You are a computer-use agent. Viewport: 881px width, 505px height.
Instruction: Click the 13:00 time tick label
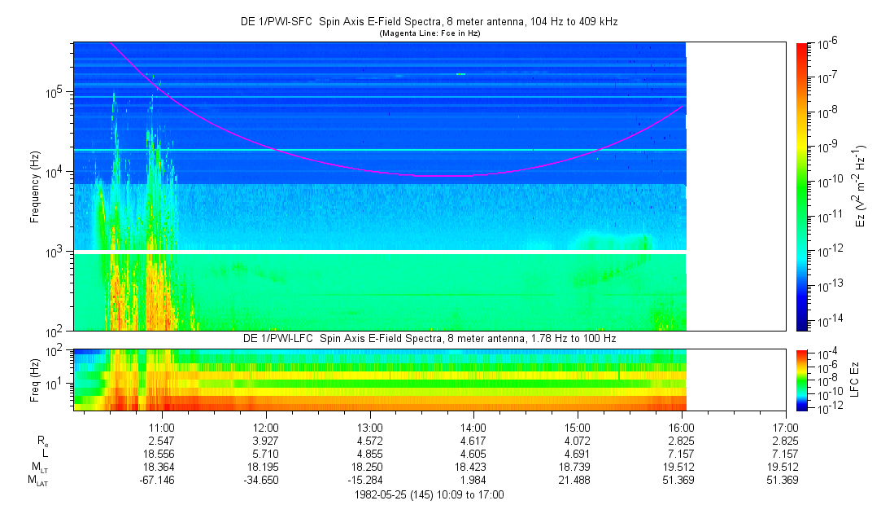[x=369, y=428]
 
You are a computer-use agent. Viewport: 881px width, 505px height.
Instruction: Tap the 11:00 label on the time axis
[x=162, y=428]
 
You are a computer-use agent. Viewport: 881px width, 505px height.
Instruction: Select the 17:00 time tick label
[x=785, y=428]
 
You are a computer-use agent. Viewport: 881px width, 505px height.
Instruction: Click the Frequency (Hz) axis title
[x=35, y=187]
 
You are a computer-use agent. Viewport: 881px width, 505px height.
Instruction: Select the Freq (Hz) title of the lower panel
[x=35, y=380]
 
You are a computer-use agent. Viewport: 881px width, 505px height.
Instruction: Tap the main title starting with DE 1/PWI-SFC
[x=430, y=22]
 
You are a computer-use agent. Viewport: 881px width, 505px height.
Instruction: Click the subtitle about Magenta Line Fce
[x=430, y=33]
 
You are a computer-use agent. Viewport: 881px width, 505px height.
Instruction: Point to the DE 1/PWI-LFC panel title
[x=430, y=339]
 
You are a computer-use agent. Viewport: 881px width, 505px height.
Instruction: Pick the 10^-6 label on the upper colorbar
[x=827, y=43]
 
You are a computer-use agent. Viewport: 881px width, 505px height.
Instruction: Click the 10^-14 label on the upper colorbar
[x=828, y=322]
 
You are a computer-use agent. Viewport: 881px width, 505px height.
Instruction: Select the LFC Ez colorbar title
[x=855, y=380]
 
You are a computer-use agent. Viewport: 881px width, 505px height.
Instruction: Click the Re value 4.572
[x=369, y=441]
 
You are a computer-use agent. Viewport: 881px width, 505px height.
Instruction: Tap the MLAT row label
[x=37, y=481]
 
